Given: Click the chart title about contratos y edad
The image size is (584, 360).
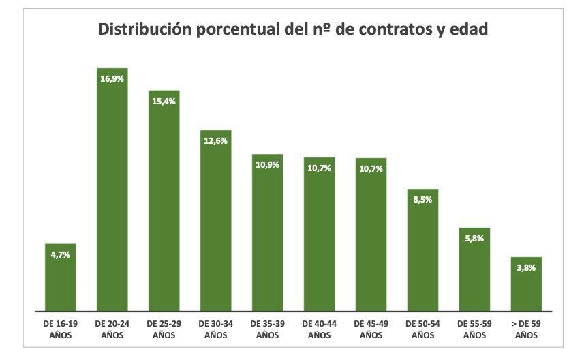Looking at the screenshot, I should (x=293, y=30).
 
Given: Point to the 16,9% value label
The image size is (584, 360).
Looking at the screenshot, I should (x=112, y=79).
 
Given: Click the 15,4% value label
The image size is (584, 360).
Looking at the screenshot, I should (x=164, y=102).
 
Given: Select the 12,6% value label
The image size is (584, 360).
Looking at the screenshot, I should (x=215, y=141).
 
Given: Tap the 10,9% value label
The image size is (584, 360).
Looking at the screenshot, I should (x=267, y=166).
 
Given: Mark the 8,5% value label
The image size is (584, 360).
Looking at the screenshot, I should (x=422, y=200).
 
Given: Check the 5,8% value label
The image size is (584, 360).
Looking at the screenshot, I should (x=474, y=239).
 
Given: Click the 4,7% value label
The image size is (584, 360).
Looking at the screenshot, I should (x=60, y=254).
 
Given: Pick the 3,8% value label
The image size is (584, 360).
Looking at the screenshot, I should (x=526, y=268).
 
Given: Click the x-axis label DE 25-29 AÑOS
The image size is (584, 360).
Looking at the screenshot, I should (x=164, y=329).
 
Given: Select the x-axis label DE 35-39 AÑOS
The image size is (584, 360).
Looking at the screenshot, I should (x=267, y=329).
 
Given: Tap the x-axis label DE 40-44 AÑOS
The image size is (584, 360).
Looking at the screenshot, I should (x=319, y=329).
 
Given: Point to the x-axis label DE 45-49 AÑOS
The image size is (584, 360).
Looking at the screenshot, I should (x=371, y=329).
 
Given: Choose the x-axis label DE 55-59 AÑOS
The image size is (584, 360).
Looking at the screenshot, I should (x=474, y=329).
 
